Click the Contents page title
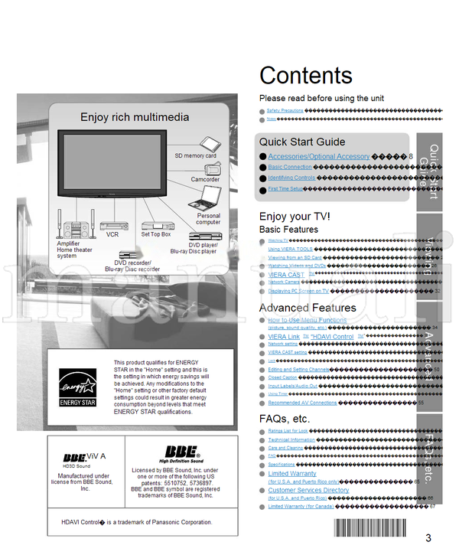(306, 75)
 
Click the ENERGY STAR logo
(77, 387)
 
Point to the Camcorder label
(205, 180)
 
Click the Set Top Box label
(155, 234)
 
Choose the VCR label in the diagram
(112, 235)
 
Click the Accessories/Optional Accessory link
(318, 156)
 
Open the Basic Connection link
(290, 167)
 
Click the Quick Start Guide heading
(301, 142)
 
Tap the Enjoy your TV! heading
(295, 217)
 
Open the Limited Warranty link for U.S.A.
(292, 474)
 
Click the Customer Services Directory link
(308, 490)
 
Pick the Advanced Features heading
(308, 308)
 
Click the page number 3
(428, 537)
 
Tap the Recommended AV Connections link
(302, 403)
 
